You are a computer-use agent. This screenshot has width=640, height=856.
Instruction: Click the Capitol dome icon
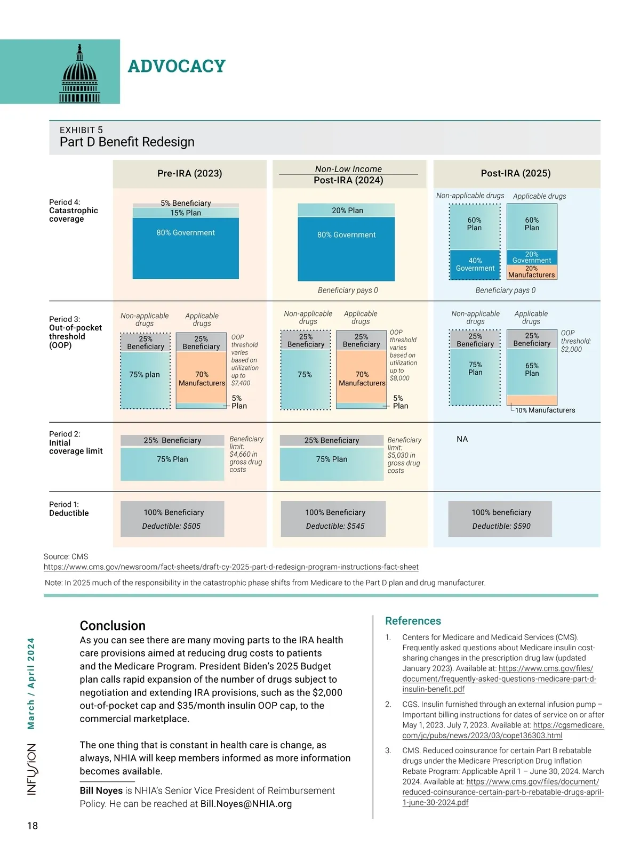click(79, 74)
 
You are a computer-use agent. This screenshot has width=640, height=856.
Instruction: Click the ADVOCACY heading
click(177, 66)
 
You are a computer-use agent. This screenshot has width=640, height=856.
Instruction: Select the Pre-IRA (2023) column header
click(189, 173)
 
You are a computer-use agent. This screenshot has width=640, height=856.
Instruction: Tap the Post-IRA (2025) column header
click(515, 173)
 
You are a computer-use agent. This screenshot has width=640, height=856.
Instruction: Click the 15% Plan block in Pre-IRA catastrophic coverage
click(186, 213)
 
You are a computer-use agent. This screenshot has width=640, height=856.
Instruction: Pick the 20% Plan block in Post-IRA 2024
click(347, 211)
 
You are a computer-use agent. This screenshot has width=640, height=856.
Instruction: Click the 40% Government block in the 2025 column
click(475, 264)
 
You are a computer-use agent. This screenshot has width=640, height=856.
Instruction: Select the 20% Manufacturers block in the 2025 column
click(531, 272)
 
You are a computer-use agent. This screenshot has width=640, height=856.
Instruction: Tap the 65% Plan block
click(531, 369)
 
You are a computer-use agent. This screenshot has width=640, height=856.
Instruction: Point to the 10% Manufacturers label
click(545, 410)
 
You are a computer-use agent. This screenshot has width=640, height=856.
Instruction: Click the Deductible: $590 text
click(501, 526)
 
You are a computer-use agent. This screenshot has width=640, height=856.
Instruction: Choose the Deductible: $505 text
click(171, 526)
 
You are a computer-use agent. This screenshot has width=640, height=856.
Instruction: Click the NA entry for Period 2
click(462, 439)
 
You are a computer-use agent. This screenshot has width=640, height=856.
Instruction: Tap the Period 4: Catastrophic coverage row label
click(74, 211)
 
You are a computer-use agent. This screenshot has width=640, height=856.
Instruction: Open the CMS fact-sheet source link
click(231, 567)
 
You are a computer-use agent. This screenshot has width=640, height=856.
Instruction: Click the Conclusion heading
click(113, 626)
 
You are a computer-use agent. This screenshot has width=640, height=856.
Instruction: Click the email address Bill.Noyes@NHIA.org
click(246, 804)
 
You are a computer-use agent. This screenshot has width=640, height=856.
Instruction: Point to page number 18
click(33, 826)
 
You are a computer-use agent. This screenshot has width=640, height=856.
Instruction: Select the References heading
click(413, 621)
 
